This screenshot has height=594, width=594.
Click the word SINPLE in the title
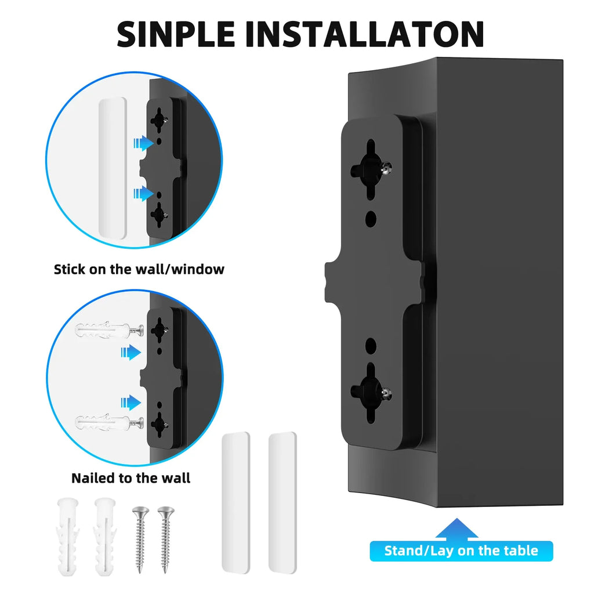175,34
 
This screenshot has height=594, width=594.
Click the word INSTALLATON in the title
364,34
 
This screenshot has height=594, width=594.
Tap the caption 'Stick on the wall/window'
139,269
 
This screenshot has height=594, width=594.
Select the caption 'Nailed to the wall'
131,478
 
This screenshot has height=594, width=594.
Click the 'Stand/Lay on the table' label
461,550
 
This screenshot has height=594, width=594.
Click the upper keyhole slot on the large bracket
370,165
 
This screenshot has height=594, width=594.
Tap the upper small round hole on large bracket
371,219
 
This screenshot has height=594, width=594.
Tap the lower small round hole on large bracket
370,346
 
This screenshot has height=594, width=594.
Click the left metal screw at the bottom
140,538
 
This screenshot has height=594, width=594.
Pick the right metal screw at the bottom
166,538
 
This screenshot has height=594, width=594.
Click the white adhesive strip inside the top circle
113,168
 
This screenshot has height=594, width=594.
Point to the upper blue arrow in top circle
141,143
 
